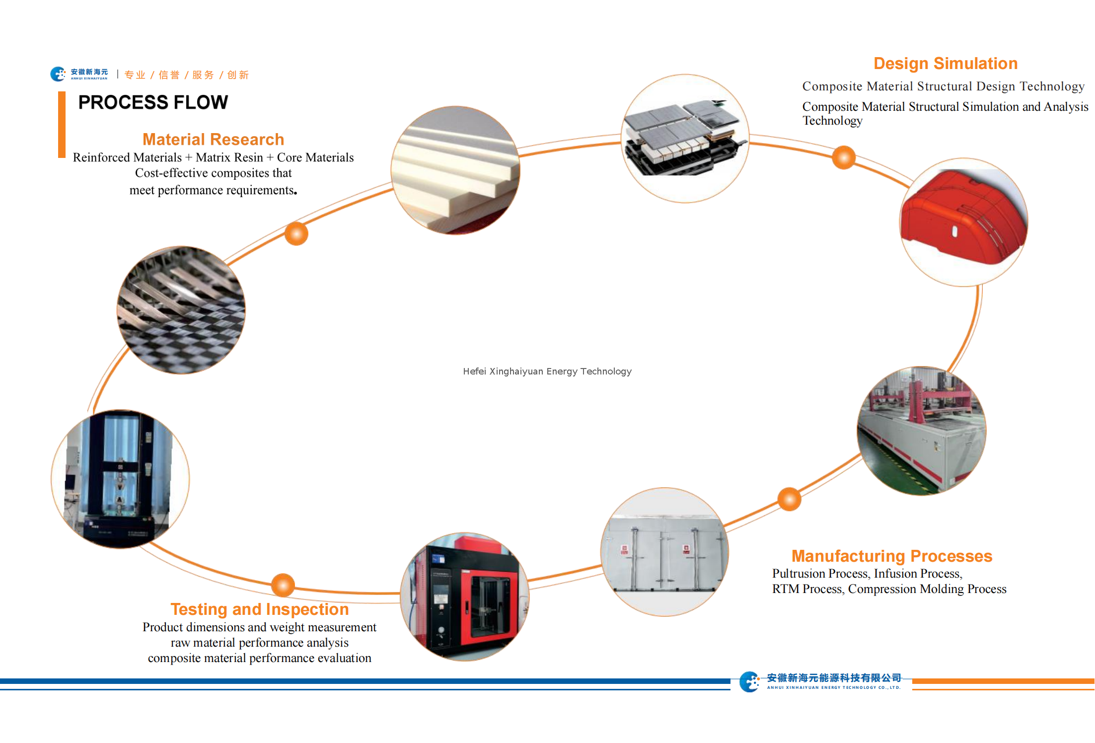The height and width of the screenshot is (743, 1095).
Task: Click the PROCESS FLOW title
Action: point(153,102)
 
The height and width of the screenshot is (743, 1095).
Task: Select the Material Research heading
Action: point(213,139)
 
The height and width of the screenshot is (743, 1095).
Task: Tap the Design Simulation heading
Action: point(945,64)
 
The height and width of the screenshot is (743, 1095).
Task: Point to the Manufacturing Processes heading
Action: point(891,556)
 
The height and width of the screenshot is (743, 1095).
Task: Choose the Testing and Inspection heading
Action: point(259,609)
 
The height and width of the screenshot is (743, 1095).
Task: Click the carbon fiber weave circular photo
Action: point(181,310)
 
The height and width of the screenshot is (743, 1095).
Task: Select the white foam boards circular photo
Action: point(455,170)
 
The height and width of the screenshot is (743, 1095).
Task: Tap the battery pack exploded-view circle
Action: point(685,139)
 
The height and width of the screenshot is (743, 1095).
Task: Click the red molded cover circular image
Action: point(963,222)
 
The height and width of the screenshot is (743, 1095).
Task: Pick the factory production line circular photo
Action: point(921,431)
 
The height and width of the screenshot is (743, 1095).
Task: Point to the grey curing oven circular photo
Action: point(664,552)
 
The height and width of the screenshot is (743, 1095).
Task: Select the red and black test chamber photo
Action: point(465,596)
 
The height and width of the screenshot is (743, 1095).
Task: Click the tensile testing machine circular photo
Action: point(120,479)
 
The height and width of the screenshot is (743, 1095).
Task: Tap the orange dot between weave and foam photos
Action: point(296,233)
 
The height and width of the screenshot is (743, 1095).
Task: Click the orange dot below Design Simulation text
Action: point(844,157)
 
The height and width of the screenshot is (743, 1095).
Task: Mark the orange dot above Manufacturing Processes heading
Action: point(789,499)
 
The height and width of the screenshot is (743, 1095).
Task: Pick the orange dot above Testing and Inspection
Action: point(283,585)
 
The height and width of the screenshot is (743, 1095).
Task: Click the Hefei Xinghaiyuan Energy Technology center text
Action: point(547,371)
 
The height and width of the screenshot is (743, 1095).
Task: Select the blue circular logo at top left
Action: point(58,74)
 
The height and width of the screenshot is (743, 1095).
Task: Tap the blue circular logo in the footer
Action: point(749,681)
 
